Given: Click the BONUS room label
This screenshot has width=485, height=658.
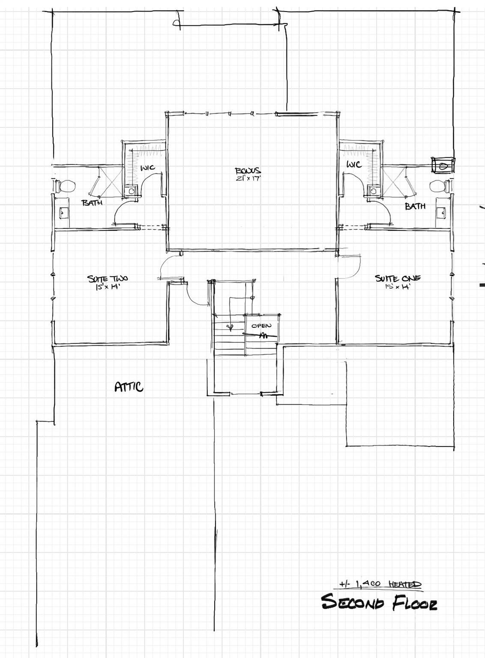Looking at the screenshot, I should [248, 171].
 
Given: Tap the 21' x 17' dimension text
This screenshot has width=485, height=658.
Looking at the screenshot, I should [248, 179].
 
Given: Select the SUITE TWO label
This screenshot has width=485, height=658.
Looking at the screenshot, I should [108, 279].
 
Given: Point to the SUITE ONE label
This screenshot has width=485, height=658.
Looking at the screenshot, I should [398, 278].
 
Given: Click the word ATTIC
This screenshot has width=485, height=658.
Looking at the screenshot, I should [129, 387].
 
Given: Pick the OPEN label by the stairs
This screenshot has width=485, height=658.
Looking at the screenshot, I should [261, 326].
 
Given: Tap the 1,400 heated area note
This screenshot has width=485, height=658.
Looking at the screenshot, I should [380, 584].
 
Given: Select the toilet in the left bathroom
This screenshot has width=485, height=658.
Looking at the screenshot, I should [66, 186].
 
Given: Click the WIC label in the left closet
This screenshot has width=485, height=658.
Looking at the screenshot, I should [148, 167].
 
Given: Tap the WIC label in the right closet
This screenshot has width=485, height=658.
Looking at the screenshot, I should [354, 164].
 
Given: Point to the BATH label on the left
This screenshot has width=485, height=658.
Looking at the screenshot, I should [92, 203].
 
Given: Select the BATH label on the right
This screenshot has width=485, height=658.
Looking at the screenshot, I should [415, 206].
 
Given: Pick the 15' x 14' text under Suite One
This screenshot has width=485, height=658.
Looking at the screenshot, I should [398, 287].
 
